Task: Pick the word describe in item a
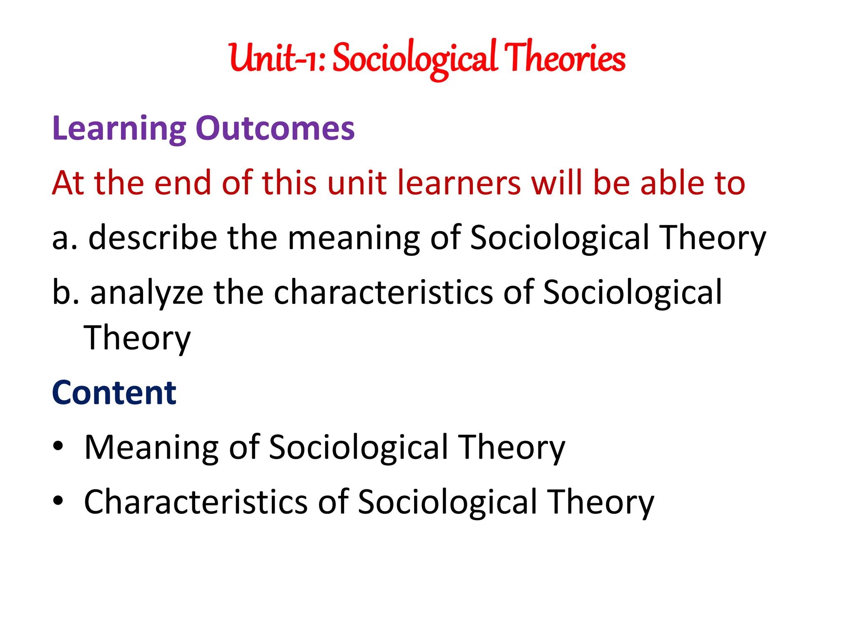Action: [153, 238]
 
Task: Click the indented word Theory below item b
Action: [137, 338]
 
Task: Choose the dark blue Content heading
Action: [114, 393]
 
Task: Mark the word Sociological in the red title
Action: [415, 58]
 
